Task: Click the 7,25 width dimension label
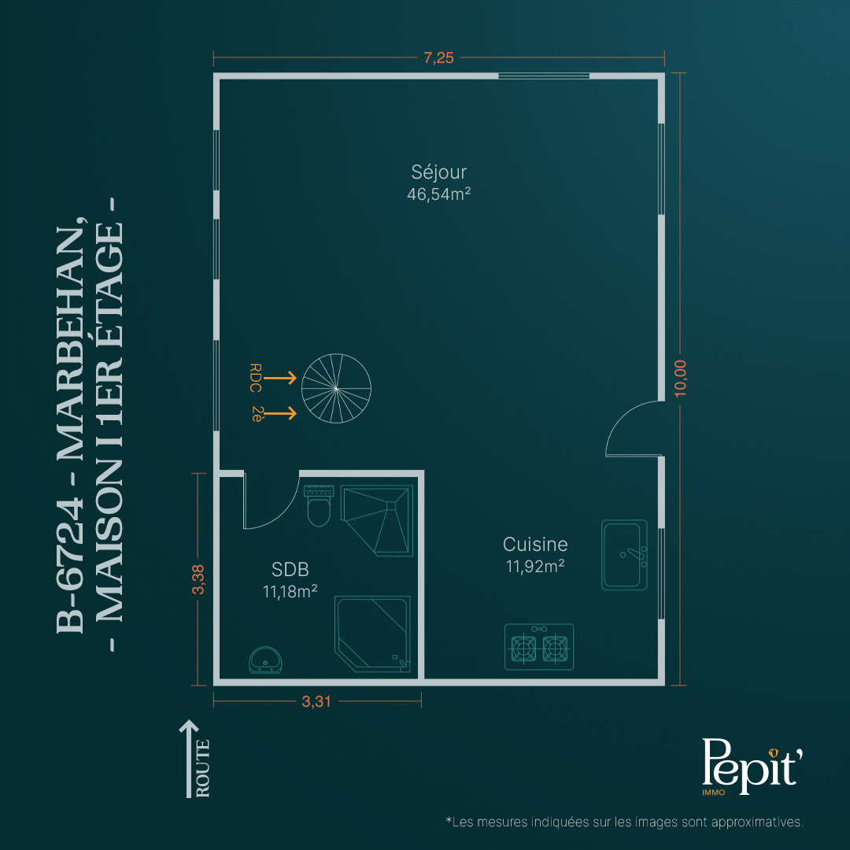438,57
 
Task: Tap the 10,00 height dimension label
680,379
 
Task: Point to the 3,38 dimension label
198,579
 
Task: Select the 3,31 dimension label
316,701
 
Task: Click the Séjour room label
438,172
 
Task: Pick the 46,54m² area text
438,194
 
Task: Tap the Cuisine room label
535,544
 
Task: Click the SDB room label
290,569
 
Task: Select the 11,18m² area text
290,591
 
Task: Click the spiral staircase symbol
336,388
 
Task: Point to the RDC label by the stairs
255,378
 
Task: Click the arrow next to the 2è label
280,414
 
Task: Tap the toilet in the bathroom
319,505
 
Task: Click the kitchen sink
624,555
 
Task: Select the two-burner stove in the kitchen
539,647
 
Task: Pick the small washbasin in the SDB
265,660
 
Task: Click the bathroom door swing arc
280,513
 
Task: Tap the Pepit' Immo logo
752,767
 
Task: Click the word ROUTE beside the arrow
202,768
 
